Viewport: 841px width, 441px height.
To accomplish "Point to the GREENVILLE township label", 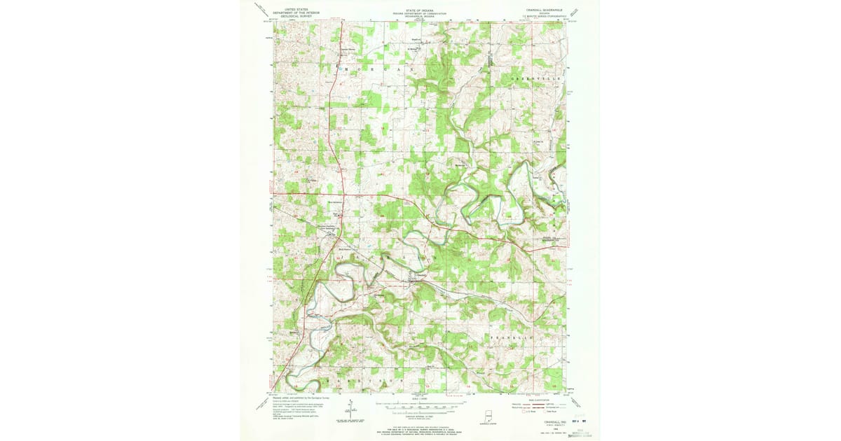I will [x=536, y=79].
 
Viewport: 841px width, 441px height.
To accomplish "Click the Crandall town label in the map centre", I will [x=419, y=274].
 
